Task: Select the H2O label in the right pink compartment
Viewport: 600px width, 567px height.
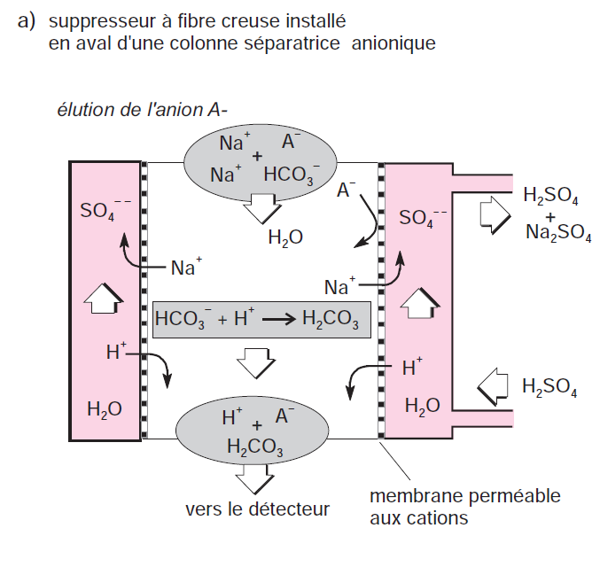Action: pyautogui.click(x=422, y=407)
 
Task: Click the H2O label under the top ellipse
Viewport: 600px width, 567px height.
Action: pyautogui.click(x=285, y=237)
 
